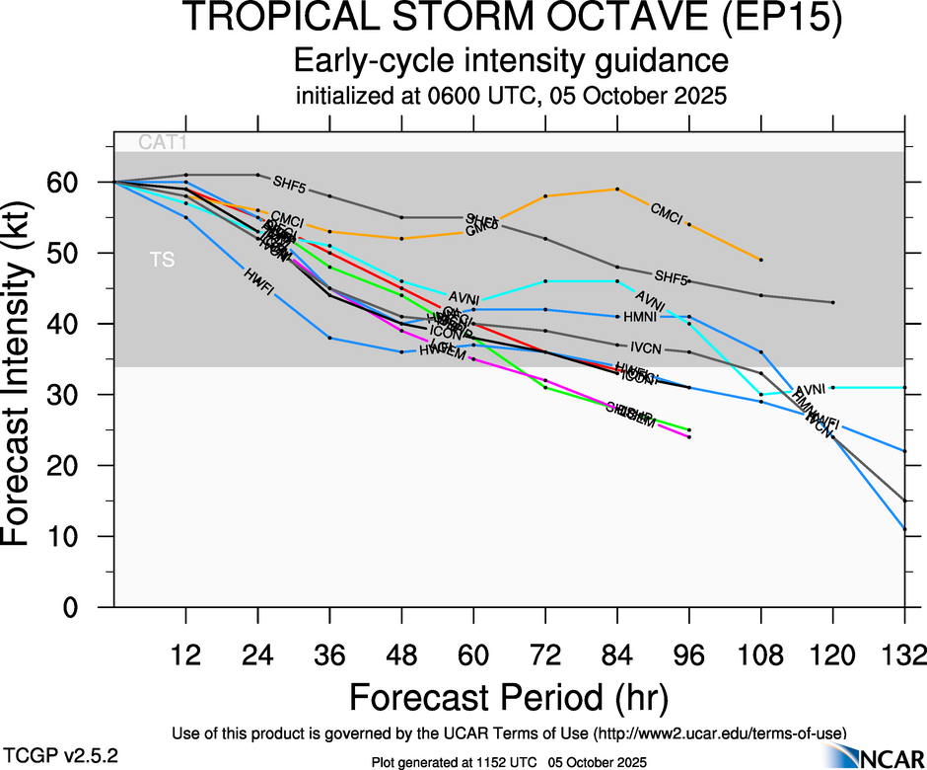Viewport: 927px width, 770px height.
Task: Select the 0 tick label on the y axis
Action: tap(86, 607)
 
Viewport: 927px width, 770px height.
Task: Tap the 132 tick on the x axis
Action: tap(903, 654)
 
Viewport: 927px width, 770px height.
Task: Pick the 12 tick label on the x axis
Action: tap(185, 654)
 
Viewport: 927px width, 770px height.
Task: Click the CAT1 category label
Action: tap(163, 142)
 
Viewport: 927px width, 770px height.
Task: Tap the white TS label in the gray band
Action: tap(160, 262)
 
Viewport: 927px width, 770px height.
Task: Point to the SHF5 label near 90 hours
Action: tap(671, 276)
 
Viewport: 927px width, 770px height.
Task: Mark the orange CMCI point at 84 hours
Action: tap(616, 189)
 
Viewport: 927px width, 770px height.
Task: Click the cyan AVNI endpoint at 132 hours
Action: tap(904, 388)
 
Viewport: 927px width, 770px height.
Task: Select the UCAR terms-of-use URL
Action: tap(719, 732)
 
